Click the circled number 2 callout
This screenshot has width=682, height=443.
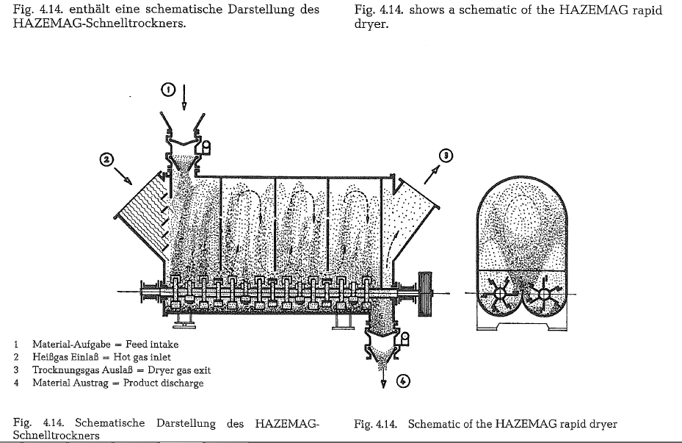106,158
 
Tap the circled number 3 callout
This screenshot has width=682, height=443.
444,155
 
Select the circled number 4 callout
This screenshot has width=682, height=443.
403,381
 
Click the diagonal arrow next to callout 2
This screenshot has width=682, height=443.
123,176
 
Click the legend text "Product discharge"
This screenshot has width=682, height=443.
163,383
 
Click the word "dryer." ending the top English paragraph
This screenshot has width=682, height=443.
370,24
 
